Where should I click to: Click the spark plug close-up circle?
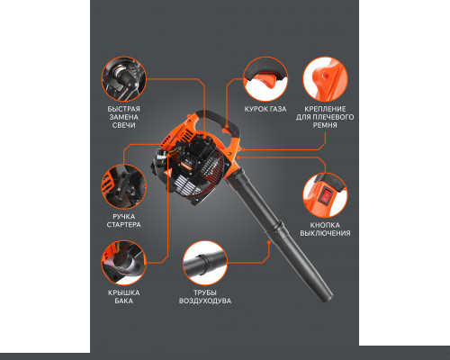[124, 79]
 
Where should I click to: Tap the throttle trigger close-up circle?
[265, 79]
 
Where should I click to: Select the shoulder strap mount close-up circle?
[325, 79]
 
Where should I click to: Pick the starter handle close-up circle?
[124, 186]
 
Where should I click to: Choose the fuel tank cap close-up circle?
[124, 263]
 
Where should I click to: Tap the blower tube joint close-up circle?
[205, 263]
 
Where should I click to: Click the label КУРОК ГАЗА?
[265, 109]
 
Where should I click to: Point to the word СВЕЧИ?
[124, 125]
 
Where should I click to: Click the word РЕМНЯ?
[325, 125]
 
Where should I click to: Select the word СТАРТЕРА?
[124, 224]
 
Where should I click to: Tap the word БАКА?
[124, 301]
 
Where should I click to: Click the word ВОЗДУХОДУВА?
[205, 301]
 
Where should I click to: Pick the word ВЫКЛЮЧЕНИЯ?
[325, 233]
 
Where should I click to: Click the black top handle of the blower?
[220, 120]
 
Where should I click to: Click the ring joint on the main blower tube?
[276, 229]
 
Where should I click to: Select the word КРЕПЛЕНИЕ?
[325, 109]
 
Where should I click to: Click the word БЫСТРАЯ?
[124, 109]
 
